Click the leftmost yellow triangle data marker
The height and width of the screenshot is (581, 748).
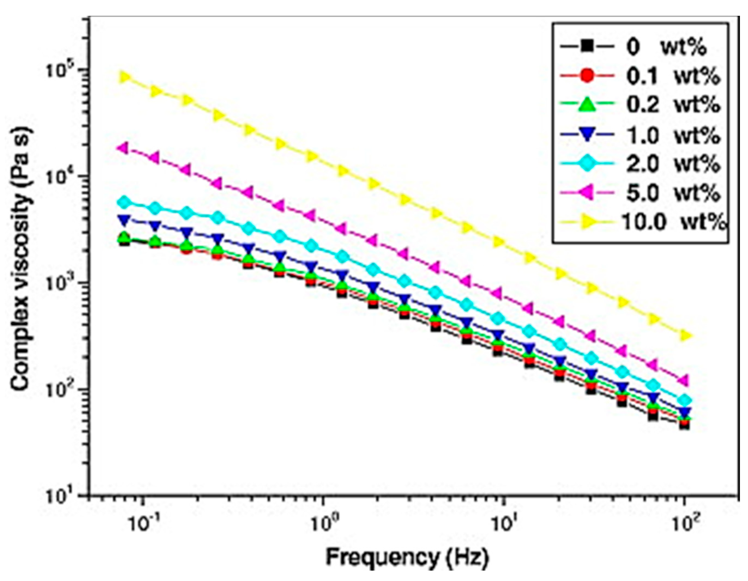(x=125, y=77)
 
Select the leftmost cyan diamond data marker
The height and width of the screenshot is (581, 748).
(x=125, y=202)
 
